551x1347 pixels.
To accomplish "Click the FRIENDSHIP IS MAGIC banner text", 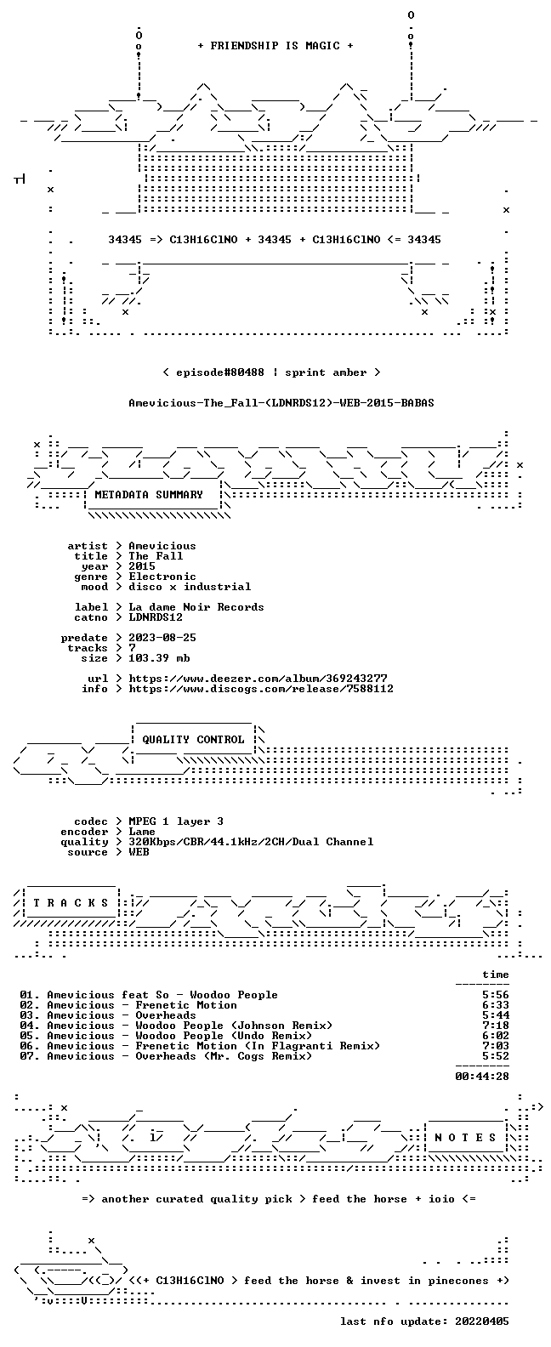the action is pyautogui.click(x=275, y=46).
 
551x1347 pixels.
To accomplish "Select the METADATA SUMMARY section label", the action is pyautogui.click(x=149, y=495).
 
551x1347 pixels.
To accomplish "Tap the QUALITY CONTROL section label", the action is pyautogui.click(x=193, y=740).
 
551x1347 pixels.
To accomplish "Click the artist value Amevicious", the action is pyautogui.click(x=162, y=546).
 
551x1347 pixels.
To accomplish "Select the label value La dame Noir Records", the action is pyautogui.click(x=196, y=607).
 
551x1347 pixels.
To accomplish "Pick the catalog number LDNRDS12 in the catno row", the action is pyautogui.click(x=156, y=617).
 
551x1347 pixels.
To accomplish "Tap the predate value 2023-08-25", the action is pyautogui.click(x=162, y=638).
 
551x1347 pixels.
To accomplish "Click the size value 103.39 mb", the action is pyautogui.click(x=159, y=658).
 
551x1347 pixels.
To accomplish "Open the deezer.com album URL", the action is pyautogui.click(x=258, y=679).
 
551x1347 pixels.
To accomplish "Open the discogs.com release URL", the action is pyautogui.click(x=261, y=689).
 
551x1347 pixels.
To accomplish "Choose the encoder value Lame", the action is pyautogui.click(x=142, y=832).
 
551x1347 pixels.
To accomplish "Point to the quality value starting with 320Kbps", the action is pyautogui.click(x=251, y=842).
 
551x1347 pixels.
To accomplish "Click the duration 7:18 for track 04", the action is pyautogui.click(x=496, y=1026).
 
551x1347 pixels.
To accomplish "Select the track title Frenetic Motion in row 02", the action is pyautogui.click(x=186, y=1005).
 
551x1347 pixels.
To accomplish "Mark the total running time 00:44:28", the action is pyautogui.click(x=482, y=1077).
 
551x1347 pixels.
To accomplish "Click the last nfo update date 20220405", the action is pyautogui.click(x=482, y=1321).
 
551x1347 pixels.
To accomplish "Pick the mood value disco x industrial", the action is pyautogui.click(x=190, y=587).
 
